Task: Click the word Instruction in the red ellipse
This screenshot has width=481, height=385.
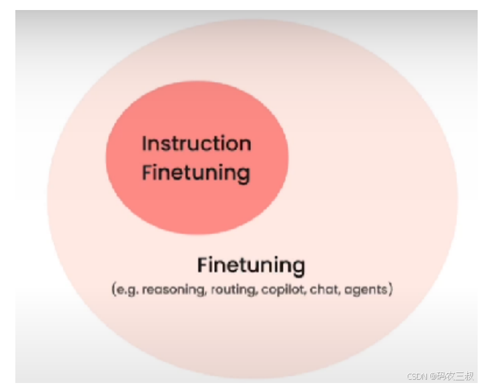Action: tap(196, 143)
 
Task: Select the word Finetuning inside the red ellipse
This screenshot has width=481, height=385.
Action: tap(196, 173)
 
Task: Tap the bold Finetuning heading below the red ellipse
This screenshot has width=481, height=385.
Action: tap(251, 266)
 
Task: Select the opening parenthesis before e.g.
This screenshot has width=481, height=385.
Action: tap(115, 290)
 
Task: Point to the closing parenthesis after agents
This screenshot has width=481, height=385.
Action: tap(390, 290)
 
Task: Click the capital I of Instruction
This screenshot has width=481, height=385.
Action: tap(144, 143)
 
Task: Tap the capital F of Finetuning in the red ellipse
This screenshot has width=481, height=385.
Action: tap(147, 173)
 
